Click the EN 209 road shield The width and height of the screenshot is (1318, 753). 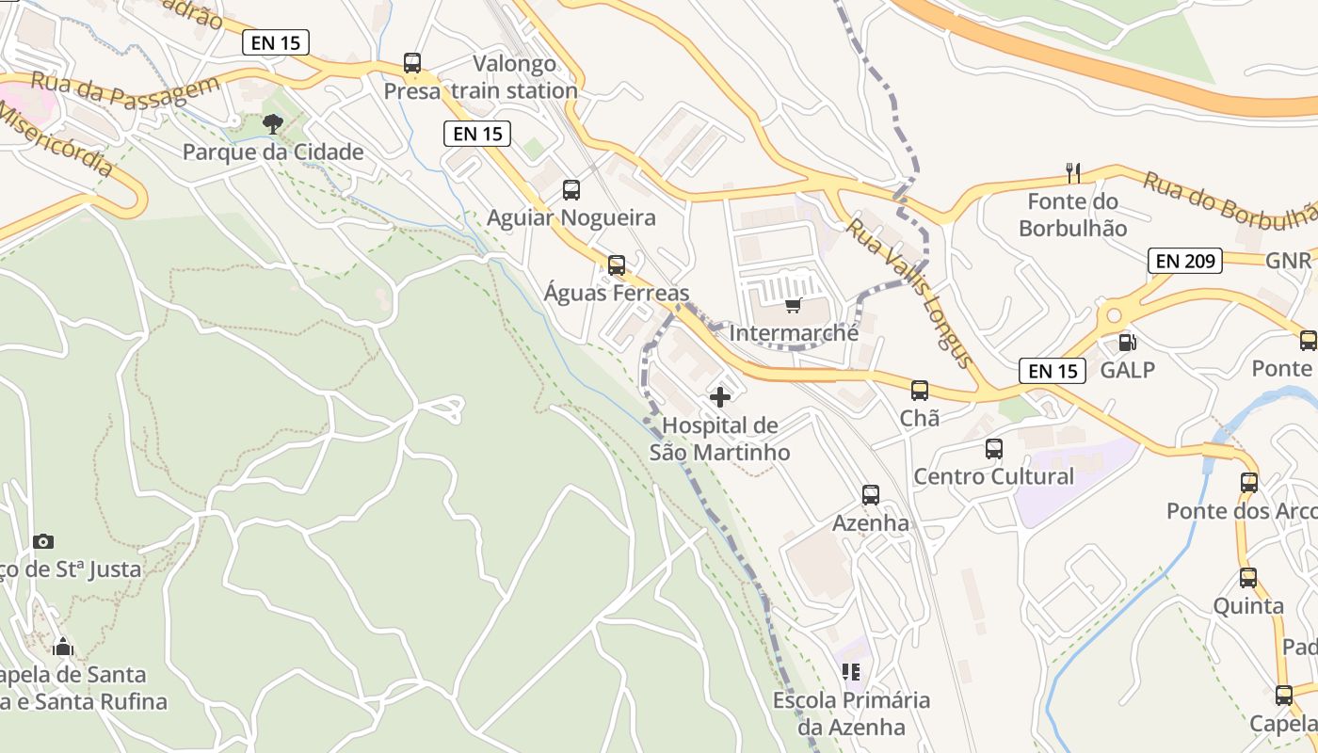pos(1184,261)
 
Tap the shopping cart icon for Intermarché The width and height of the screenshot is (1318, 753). pos(793,305)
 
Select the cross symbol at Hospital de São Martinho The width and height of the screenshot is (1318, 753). pos(720,397)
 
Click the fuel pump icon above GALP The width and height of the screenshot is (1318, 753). pos(1126,344)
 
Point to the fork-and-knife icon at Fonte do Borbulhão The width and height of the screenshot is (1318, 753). pos(1072,172)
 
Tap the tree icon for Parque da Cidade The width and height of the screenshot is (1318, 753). pos(273,123)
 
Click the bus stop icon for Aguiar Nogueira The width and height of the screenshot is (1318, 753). pos(571,190)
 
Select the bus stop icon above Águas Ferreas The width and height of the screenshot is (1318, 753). pos(617,265)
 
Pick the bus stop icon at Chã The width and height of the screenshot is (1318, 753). pos(920,390)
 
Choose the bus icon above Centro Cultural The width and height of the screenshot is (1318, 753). pos(994,449)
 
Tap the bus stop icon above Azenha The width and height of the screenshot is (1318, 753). pos(871,495)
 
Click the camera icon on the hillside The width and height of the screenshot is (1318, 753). pos(42,541)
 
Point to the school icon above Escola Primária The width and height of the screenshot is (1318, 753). pos(851,672)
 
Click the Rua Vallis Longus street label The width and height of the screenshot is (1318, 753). pos(908,293)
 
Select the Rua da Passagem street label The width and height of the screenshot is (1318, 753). pos(124,90)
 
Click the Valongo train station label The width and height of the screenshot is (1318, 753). pos(514,77)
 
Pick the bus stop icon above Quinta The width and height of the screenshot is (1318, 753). pos(1248,578)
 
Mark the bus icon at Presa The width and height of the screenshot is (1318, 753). pos(412,63)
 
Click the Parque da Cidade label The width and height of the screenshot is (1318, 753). pos(273,152)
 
